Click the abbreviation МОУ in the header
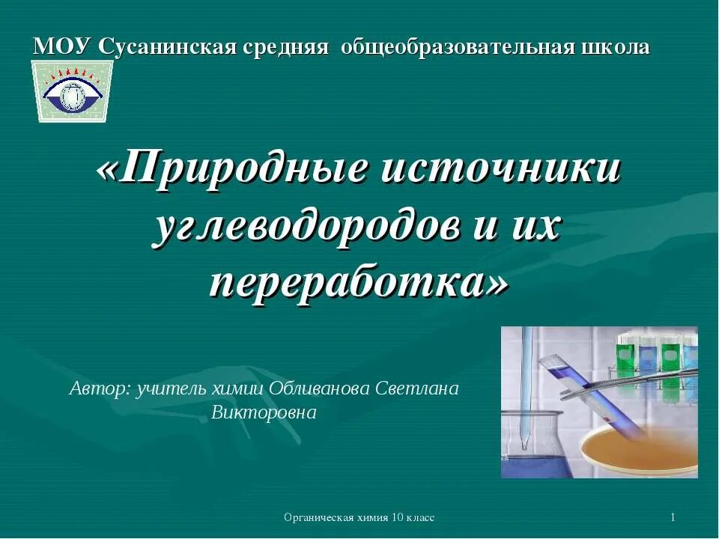pyautogui.click(x=62, y=47)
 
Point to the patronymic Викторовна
pyautogui.click(x=264, y=412)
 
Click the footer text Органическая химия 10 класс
pyautogui.click(x=359, y=518)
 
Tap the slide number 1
pyautogui.click(x=673, y=518)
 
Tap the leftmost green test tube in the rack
pyautogui.click(x=626, y=356)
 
